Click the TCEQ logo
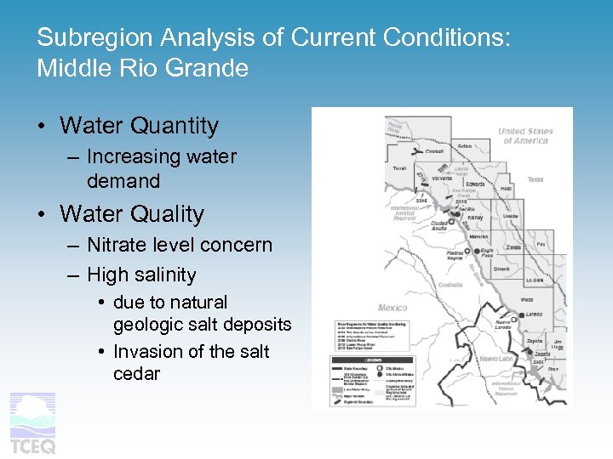tap(33, 423)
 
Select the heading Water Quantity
tap(139, 126)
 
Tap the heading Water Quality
tap(132, 214)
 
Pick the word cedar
tap(136, 374)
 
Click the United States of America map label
tap(525, 136)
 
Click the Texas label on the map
tap(535, 179)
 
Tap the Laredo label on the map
tap(533, 314)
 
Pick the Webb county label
tap(527, 299)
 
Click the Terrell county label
tap(398, 169)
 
